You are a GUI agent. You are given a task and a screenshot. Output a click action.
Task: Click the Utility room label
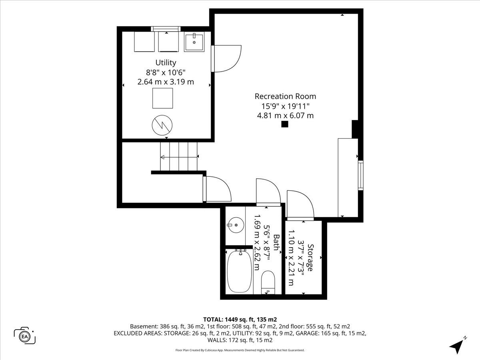pyautogui.click(x=166, y=62)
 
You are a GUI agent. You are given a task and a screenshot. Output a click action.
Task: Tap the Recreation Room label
pyautogui.click(x=285, y=96)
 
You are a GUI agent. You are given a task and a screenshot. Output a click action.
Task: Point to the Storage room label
pyautogui.click(x=310, y=258)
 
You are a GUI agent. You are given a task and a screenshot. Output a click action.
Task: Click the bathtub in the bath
pyautogui.click(x=239, y=271)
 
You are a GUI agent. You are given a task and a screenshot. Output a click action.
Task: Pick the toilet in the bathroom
pyautogui.click(x=268, y=282)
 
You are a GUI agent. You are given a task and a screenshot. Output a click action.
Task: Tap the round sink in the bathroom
pyautogui.click(x=236, y=225)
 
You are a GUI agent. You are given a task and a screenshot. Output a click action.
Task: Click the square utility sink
pyautogui.click(x=194, y=42)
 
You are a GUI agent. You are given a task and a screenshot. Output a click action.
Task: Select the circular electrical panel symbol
pyautogui.click(x=162, y=125)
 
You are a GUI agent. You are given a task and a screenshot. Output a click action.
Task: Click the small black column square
pyautogui.click(x=284, y=124)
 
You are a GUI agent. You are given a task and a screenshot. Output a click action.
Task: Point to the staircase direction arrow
pyautogui.click(x=179, y=157)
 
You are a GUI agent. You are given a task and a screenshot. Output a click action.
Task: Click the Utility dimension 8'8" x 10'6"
pyautogui.click(x=166, y=72)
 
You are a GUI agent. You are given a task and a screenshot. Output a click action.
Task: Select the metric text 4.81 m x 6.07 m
pyautogui.click(x=285, y=116)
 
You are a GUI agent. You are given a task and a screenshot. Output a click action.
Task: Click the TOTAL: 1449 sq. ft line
pyautogui.click(x=240, y=319)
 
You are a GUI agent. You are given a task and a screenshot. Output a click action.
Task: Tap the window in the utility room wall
pyautogui.click(x=166, y=29)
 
